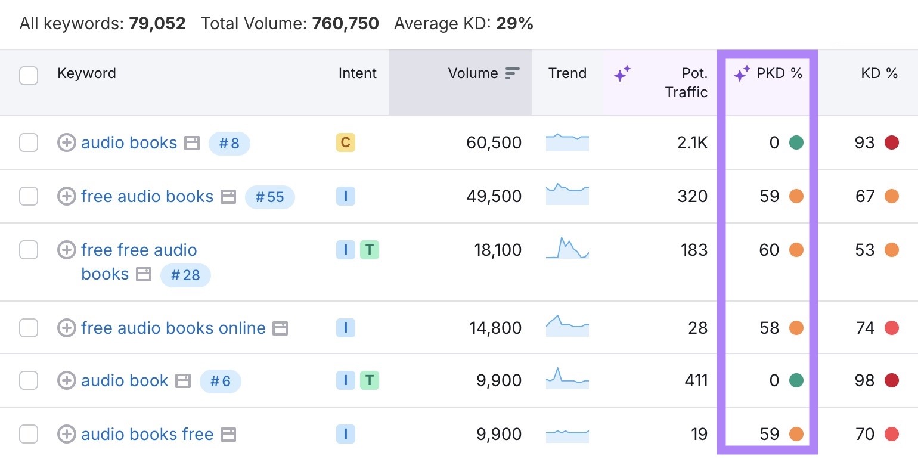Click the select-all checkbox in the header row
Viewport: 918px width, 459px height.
point(29,76)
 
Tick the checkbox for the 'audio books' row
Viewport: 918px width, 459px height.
point(29,143)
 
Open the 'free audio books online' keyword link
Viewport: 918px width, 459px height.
point(173,328)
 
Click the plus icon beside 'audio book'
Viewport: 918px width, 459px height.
point(66,381)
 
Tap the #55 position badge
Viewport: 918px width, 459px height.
point(269,197)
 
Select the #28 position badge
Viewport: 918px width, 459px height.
point(185,275)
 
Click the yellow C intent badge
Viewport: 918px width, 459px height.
point(345,142)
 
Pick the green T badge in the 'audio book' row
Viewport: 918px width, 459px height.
point(370,380)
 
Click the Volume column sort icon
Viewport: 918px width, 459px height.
point(512,73)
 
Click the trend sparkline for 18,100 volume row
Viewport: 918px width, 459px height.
point(567,249)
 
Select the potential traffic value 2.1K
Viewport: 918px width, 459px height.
point(693,143)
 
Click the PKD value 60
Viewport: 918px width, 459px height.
point(769,250)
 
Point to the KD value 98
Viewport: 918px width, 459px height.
point(864,381)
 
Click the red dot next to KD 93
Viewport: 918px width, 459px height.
point(891,143)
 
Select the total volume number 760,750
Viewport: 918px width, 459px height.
point(345,24)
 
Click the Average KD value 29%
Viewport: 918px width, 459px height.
point(514,24)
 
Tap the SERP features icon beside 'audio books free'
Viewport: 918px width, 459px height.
point(228,435)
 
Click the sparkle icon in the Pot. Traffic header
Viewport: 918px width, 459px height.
point(622,74)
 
